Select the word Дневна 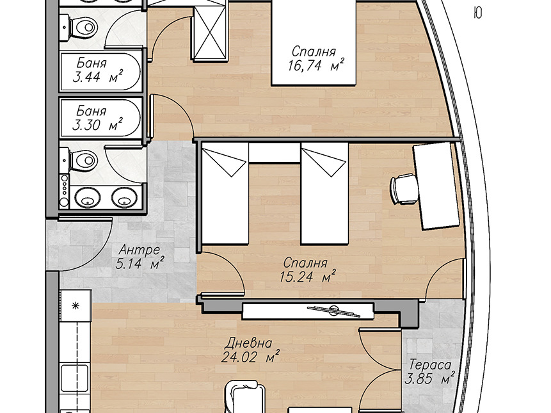click(249, 343)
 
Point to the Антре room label click(140, 250)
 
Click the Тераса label click(430, 365)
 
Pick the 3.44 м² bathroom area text click(98, 77)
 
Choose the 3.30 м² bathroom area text click(97, 125)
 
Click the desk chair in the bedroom click(404, 188)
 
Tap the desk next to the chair click(436, 186)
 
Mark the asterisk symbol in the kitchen click(76, 306)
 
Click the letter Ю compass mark click(477, 13)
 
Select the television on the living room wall click(308, 311)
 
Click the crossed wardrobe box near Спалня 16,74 click(210, 33)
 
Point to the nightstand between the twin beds click(275, 152)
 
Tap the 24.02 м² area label click(251, 357)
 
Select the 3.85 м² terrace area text click(430, 379)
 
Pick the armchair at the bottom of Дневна click(245, 397)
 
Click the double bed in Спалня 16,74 click(314, 43)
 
